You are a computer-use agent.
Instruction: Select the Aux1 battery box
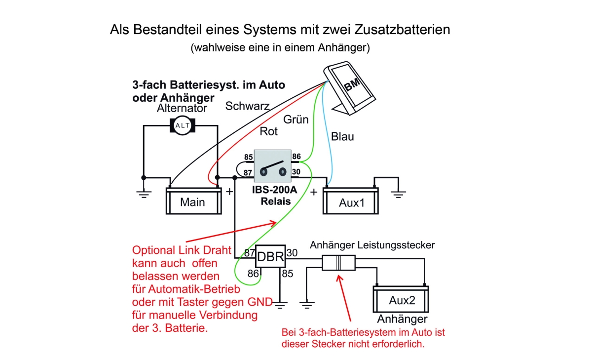(x=351, y=201)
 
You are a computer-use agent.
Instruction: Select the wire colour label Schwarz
(x=247, y=106)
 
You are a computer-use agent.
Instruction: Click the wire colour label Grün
(x=296, y=120)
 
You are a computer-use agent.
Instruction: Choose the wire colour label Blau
(x=342, y=136)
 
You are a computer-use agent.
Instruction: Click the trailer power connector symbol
(x=339, y=262)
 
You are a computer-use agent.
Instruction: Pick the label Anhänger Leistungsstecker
(x=372, y=245)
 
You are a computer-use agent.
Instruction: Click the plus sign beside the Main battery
(x=229, y=192)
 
